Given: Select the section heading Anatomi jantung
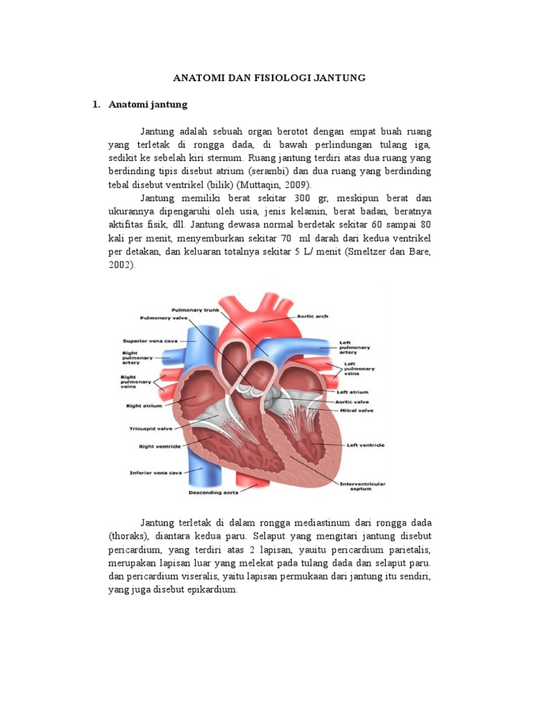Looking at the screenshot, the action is [x=148, y=105].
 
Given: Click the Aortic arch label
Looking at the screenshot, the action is [x=313, y=315].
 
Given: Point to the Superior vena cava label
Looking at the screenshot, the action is [x=146, y=340].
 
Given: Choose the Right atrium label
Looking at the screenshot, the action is [x=144, y=406].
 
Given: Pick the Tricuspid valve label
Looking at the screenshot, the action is [x=146, y=428].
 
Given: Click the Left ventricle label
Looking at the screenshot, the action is [x=366, y=444].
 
